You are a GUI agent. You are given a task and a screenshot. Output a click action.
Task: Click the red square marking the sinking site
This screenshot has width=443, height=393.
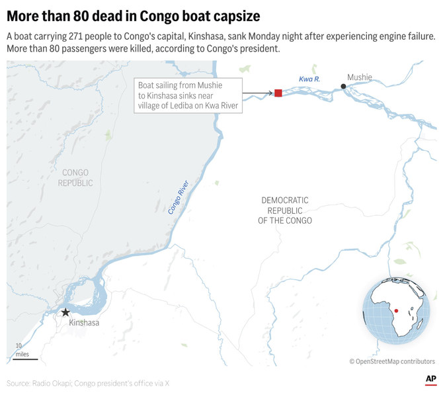coord(278,93)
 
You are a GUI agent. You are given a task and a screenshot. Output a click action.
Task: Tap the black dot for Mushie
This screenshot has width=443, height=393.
coord(343,87)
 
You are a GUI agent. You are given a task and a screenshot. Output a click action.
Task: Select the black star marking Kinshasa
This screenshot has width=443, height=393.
coord(65,312)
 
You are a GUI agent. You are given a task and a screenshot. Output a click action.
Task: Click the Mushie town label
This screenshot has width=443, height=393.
coord(360,77)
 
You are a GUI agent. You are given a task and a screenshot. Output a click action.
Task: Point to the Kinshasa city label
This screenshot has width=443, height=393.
coord(85,324)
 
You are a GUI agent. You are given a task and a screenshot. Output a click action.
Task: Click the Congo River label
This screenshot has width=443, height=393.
coord(179,196)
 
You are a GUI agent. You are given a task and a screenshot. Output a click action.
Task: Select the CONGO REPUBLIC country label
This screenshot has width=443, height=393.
coord(75,178)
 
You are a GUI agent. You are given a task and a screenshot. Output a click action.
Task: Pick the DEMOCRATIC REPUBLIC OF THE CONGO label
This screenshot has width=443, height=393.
coord(285,210)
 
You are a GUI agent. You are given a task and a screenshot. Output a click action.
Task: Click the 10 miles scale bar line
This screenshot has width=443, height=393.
coord(25,359)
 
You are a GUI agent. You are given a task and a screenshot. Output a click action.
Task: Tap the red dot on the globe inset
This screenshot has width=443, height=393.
coord(395,310)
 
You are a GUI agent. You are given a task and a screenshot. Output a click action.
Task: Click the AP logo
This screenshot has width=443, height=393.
coord(430,379)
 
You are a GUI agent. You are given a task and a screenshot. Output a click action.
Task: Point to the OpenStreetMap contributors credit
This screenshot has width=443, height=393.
coord(392,361)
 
